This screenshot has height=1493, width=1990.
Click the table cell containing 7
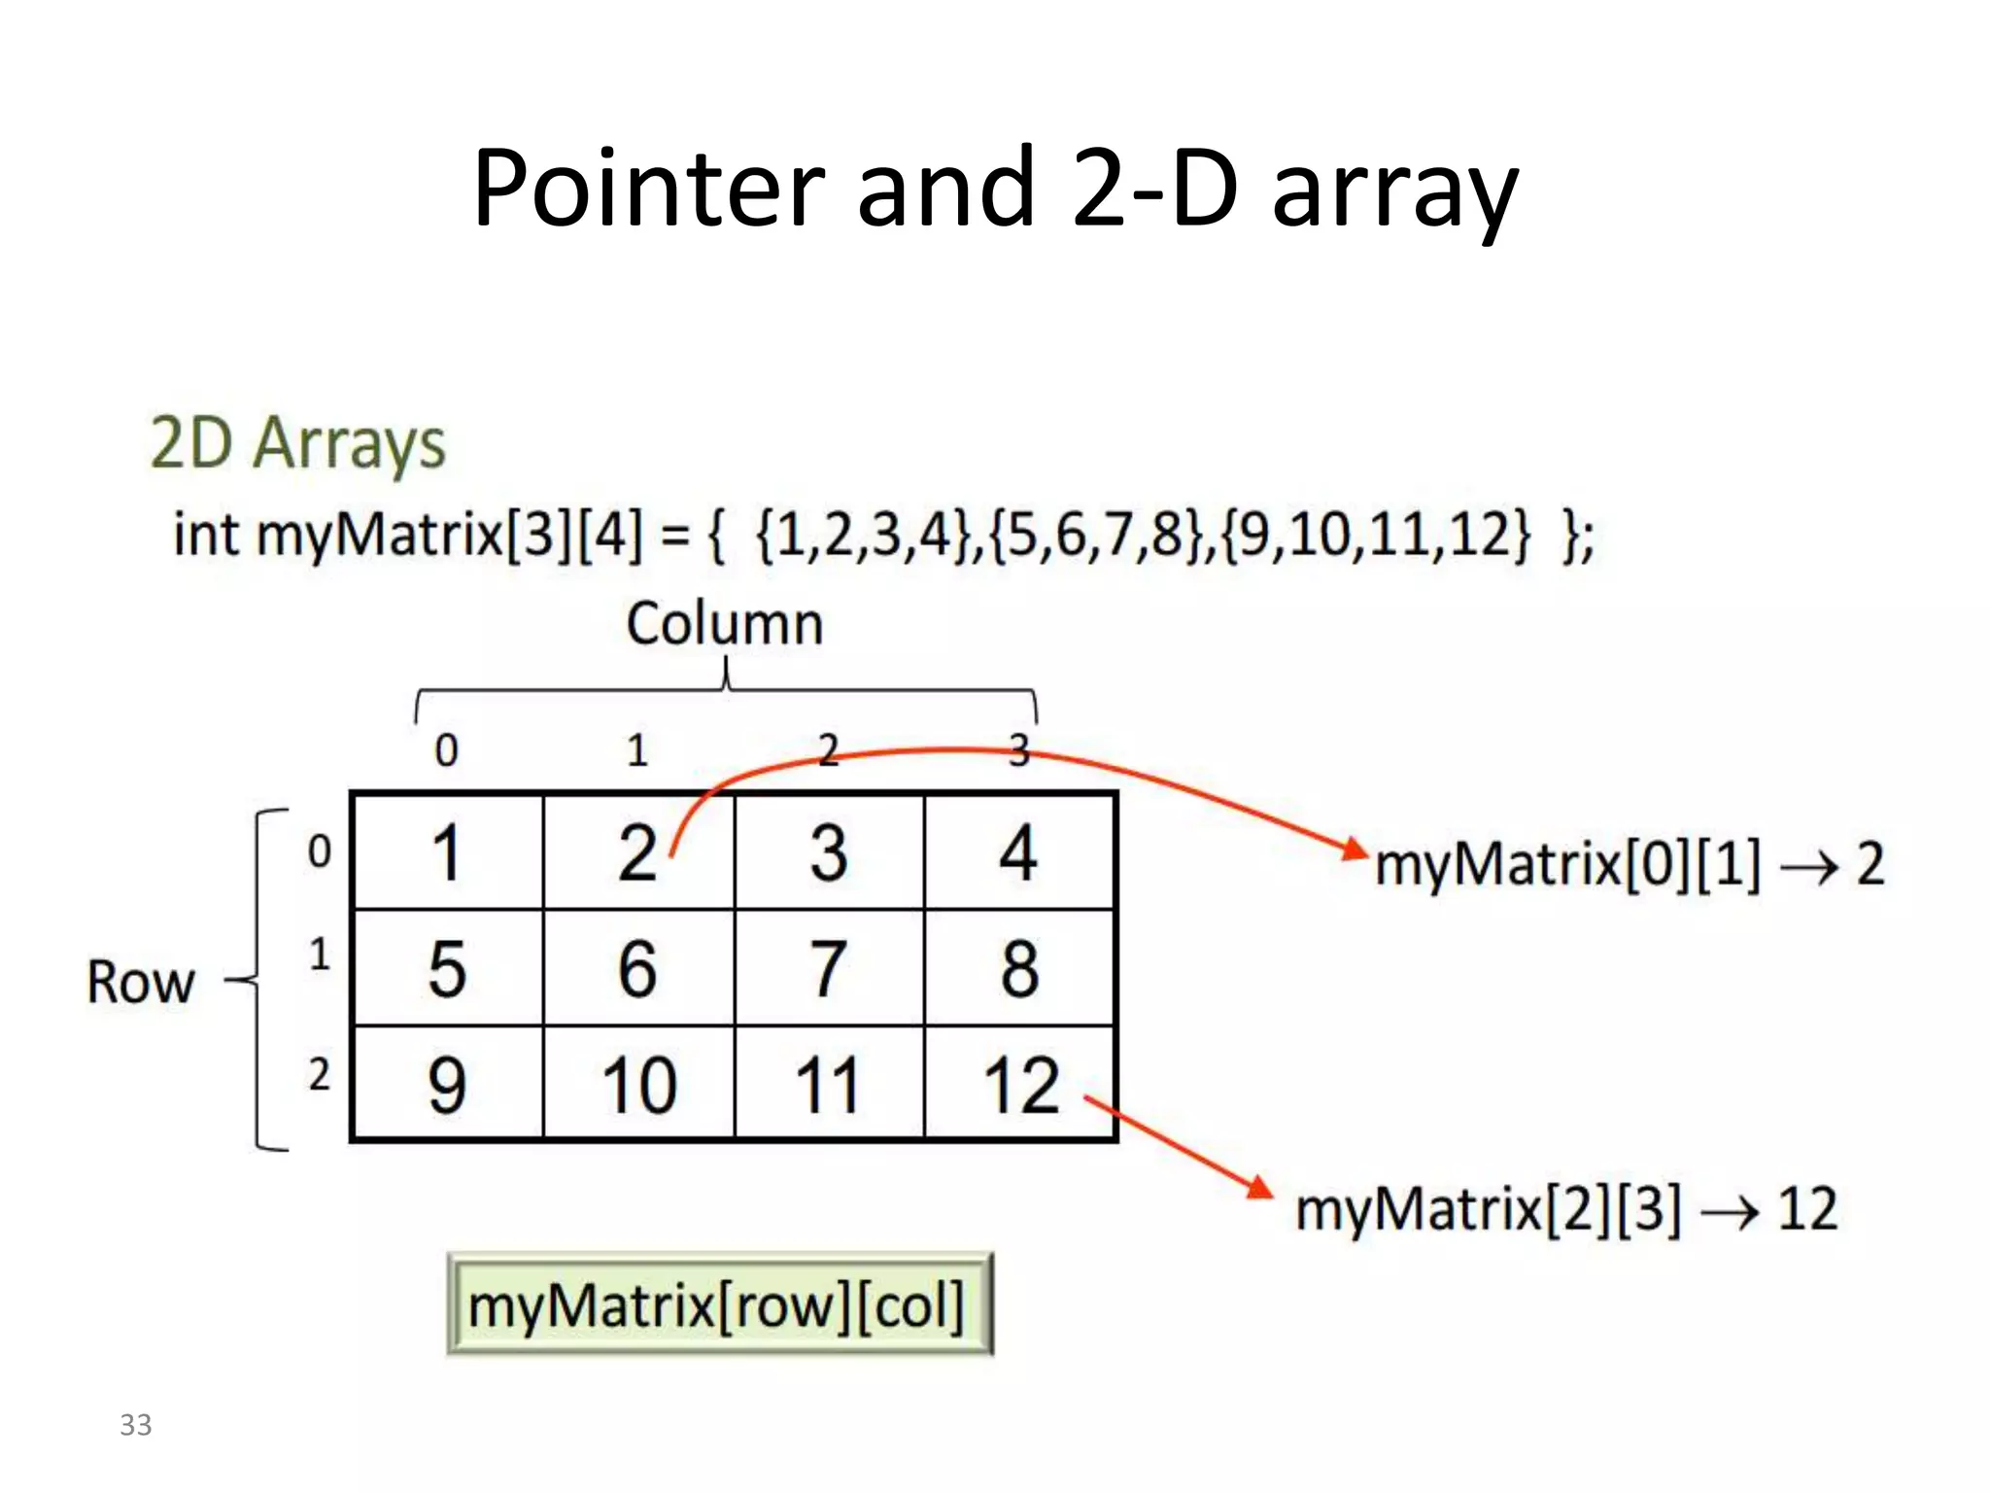pos(829,968)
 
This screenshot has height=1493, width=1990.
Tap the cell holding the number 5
pos(447,968)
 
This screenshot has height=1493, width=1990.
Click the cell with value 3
pos(829,852)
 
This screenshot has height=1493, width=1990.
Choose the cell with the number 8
pos(1020,968)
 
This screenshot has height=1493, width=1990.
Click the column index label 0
pos(446,749)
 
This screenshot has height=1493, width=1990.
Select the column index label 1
pos(636,749)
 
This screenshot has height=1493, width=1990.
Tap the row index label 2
pos(319,1075)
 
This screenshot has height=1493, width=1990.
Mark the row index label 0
pos(319,851)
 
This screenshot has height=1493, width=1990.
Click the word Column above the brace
pos(724,623)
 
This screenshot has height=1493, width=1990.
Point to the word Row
pos(141,982)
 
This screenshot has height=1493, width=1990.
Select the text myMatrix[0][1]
pos(1566,863)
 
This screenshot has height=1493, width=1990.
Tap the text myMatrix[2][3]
pos(1488,1210)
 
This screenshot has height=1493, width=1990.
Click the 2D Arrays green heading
pos(297,443)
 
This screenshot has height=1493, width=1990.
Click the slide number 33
pos(135,1425)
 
